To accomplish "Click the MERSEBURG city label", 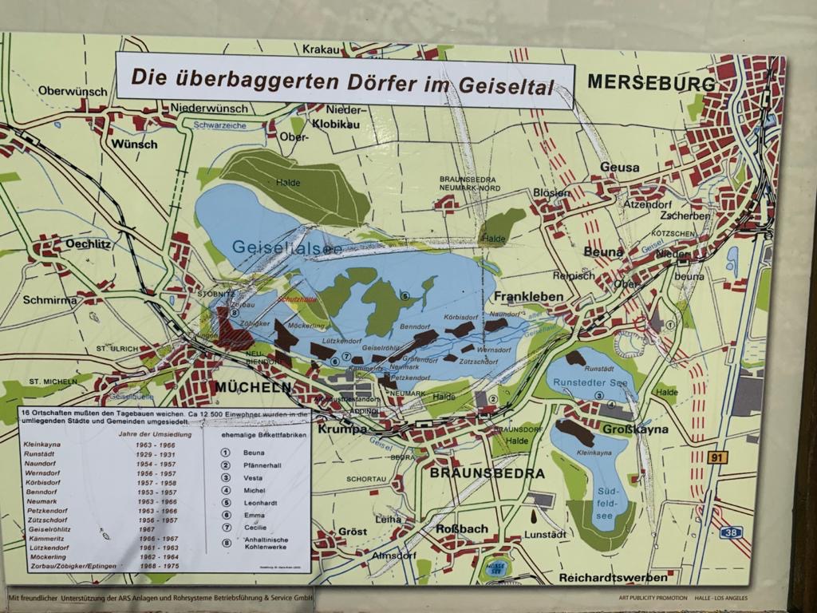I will coord(651,83).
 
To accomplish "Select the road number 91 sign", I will coord(717,457).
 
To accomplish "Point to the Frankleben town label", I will coord(530,297).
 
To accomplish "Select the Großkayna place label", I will coord(635,429).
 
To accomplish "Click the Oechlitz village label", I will coord(89,243).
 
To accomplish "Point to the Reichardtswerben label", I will coord(613,577).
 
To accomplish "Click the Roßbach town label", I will coord(462,528).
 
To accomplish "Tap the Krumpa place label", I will coord(342,429).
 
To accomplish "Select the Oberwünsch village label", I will coord(73,91).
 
